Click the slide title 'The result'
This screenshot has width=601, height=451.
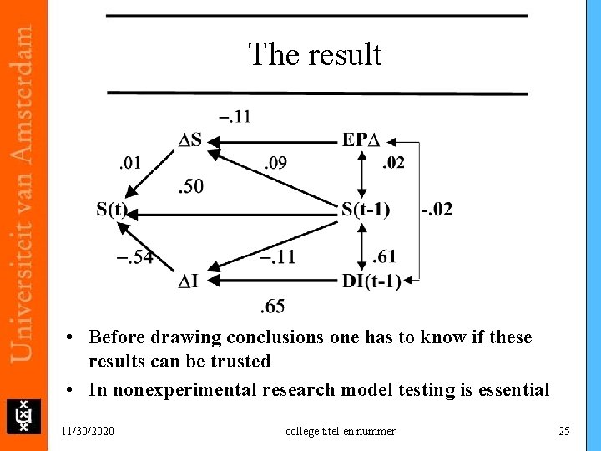click(x=315, y=55)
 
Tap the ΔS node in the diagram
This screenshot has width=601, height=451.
click(x=190, y=140)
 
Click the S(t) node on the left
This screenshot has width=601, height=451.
click(x=112, y=209)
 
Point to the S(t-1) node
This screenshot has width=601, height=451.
click(x=366, y=209)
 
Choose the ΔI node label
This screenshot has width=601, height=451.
click(x=188, y=281)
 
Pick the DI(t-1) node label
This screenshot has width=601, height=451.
click(x=371, y=281)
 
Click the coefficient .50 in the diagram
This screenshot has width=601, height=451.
click(x=190, y=185)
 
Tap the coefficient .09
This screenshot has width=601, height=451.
click(x=275, y=163)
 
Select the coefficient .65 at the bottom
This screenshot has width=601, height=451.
click(x=272, y=307)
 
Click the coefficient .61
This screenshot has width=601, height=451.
click(x=385, y=256)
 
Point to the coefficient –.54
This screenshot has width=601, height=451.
click(x=134, y=257)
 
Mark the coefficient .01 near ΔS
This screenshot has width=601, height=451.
click(x=130, y=162)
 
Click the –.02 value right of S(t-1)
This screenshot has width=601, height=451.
click(x=437, y=209)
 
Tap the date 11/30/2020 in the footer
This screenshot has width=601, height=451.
click(x=88, y=431)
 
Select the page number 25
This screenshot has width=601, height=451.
click(x=564, y=431)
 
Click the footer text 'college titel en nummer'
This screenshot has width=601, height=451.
click(x=341, y=431)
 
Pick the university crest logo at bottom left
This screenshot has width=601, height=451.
click(x=23, y=415)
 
